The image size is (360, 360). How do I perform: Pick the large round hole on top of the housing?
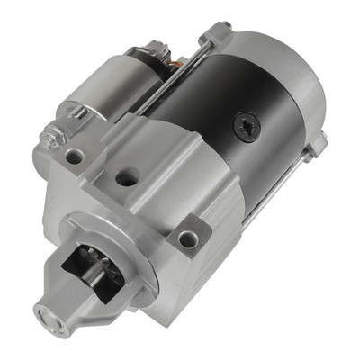[126, 177]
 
